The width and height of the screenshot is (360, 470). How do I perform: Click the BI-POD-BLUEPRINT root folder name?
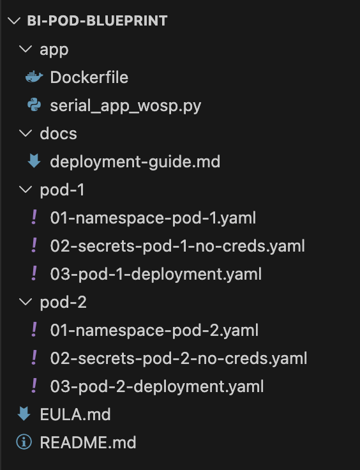click(97, 21)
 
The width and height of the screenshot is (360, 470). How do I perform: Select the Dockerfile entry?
click(89, 77)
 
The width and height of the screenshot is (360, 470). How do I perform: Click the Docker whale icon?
click(33, 77)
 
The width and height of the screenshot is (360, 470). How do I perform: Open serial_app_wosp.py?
click(125, 105)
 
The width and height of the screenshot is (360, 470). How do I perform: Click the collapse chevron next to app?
click(25, 50)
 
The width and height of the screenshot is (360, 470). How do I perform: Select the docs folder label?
click(58, 133)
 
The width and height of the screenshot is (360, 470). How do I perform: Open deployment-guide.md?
click(135, 162)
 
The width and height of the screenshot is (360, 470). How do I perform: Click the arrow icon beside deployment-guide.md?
click(33, 162)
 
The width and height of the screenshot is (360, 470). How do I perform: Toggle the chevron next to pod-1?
click(25, 190)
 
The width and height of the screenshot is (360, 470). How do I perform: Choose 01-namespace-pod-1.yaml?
click(153, 218)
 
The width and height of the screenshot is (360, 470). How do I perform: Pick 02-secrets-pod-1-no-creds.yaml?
click(177, 246)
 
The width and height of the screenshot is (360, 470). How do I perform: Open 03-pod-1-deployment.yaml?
click(156, 274)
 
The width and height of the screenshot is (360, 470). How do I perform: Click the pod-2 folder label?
click(63, 302)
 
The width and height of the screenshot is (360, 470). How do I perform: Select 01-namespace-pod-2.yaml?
click(154, 330)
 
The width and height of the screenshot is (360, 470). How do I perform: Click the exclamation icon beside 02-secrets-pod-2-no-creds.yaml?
click(33, 358)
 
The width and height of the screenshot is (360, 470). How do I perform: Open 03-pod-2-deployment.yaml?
click(157, 386)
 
